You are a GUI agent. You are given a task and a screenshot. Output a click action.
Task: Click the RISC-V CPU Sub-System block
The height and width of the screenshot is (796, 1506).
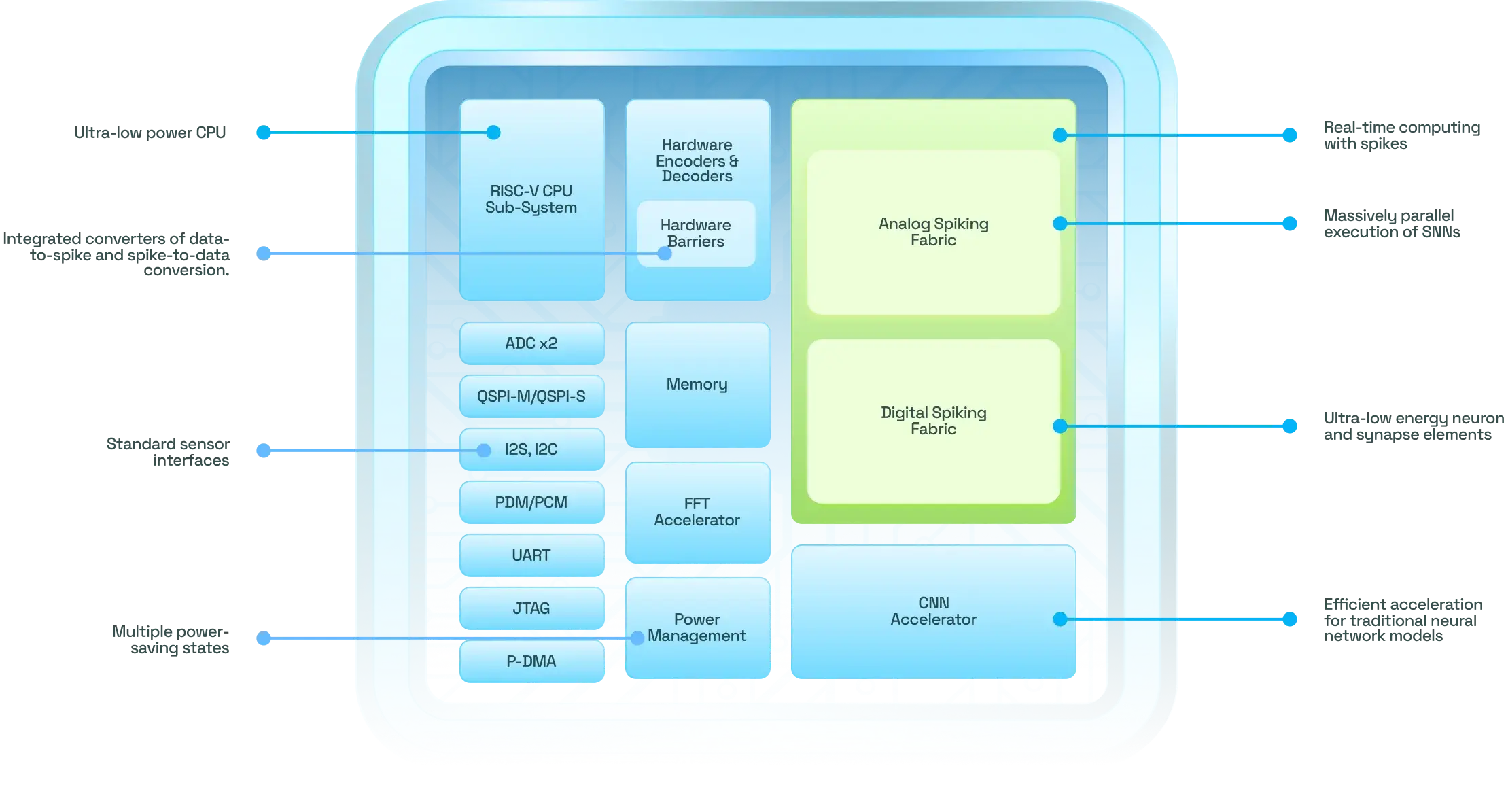(531, 199)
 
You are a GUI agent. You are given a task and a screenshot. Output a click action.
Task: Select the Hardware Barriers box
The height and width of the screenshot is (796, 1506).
(696, 232)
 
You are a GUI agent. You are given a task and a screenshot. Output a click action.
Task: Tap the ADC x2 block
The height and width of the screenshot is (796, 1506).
(531, 343)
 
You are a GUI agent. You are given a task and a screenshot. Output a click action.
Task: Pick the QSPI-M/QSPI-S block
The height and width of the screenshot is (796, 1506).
(531, 396)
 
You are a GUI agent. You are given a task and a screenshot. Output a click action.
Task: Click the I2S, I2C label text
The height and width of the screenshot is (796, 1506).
(531, 449)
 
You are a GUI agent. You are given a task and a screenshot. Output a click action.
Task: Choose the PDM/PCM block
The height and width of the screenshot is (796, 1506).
(531, 502)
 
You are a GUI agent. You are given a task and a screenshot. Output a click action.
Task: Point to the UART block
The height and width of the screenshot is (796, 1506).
(531, 555)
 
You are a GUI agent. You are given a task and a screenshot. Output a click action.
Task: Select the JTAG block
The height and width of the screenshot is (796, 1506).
(531, 608)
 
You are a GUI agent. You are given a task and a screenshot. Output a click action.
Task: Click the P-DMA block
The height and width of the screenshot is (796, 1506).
(531, 661)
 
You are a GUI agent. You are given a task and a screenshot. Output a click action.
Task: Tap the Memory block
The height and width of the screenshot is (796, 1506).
(697, 385)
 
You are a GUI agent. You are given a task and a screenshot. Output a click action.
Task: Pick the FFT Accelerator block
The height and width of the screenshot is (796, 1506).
(697, 512)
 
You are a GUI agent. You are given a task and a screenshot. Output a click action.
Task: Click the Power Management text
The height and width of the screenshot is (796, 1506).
(697, 627)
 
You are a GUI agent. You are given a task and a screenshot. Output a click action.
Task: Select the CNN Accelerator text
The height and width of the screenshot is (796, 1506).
(933, 611)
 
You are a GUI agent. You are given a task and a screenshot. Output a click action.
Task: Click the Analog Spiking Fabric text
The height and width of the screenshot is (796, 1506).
(933, 232)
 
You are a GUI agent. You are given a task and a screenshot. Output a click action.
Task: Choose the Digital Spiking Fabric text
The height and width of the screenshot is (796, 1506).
(933, 421)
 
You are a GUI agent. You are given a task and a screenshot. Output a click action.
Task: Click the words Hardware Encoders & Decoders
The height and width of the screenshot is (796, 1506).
(697, 160)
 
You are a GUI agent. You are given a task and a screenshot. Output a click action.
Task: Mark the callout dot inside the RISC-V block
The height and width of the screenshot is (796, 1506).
(494, 133)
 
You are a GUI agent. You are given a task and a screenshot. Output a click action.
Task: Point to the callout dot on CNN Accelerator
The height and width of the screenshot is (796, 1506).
(1060, 619)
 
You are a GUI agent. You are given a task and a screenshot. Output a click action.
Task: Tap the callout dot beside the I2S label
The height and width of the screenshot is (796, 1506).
(484, 450)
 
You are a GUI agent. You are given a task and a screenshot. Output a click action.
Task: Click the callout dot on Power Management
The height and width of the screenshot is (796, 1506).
(637, 638)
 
